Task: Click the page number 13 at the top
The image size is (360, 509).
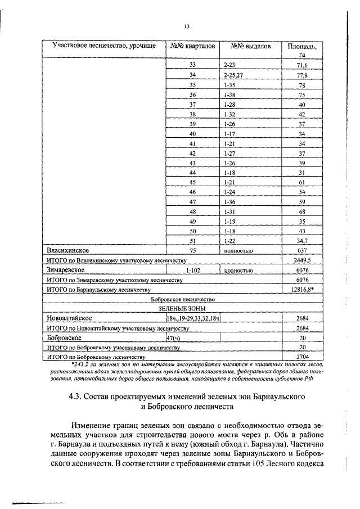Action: [x=187, y=26]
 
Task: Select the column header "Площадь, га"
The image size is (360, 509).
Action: [x=301, y=51]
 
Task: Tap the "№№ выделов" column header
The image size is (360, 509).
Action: [x=247, y=46]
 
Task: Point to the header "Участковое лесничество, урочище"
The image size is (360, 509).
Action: [x=104, y=46]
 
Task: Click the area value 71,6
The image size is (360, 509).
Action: [x=302, y=66]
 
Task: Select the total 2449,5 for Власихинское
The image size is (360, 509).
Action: [x=302, y=260]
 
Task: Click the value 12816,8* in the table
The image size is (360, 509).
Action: [x=303, y=289]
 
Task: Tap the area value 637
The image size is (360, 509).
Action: [x=302, y=250]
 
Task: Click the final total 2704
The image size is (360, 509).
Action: [x=302, y=357]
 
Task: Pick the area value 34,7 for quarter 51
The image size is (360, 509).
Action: [x=302, y=241]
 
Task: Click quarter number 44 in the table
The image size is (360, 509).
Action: [x=192, y=173]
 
